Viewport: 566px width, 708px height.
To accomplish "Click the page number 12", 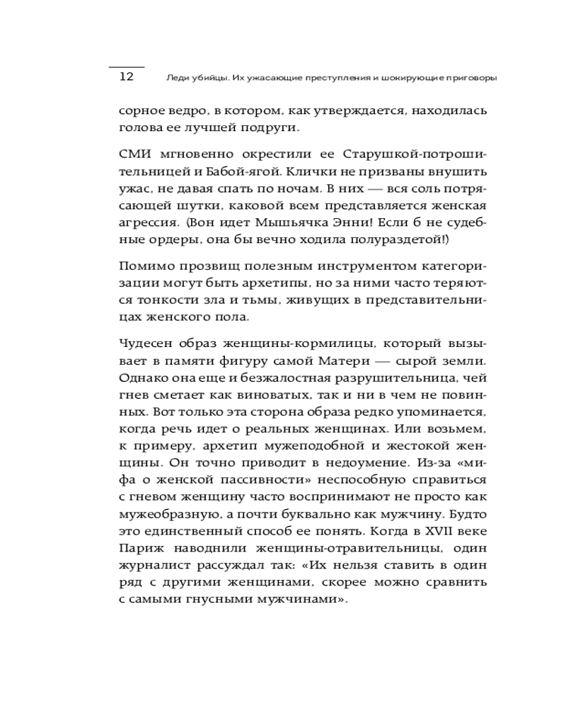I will [126, 77].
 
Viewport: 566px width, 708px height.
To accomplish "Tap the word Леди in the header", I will [175, 78].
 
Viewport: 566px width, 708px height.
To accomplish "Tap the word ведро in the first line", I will [183, 111].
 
